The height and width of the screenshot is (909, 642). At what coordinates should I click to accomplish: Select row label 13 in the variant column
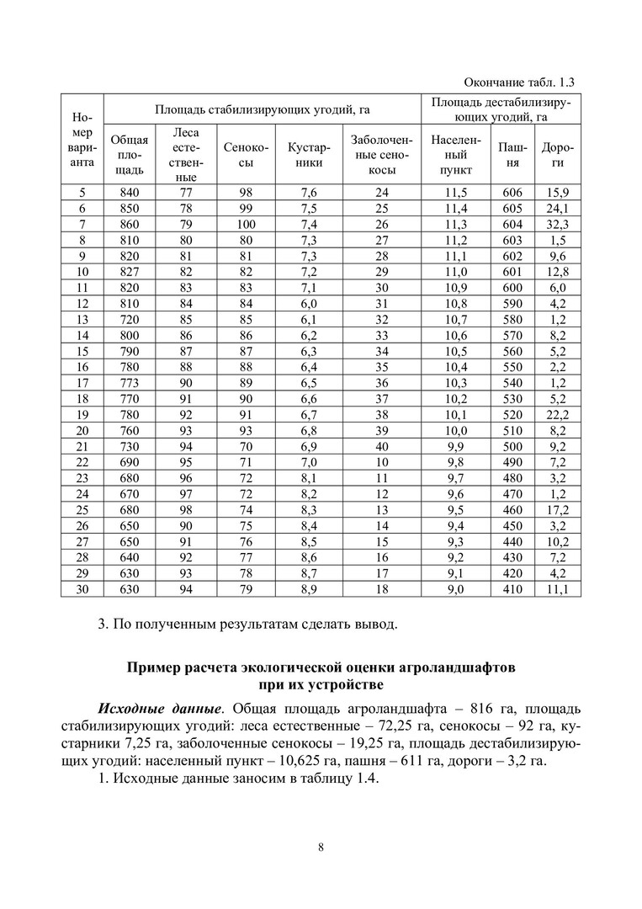[x=82, y=319]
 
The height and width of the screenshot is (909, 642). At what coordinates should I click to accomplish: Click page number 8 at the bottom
[x=321, y=847]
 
